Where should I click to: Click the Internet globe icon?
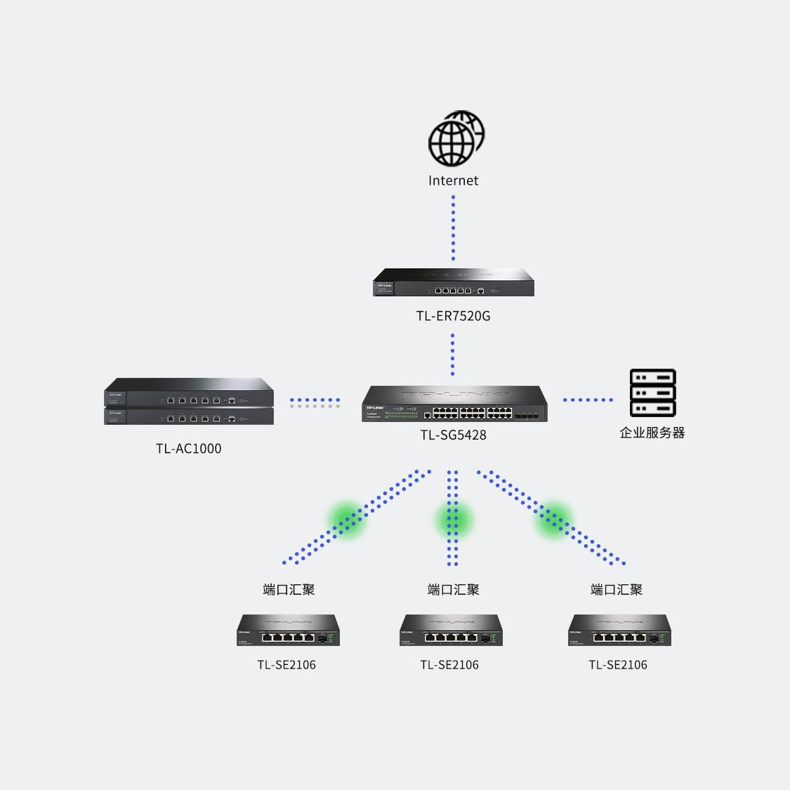click(x=456, y=138)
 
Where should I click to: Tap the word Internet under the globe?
click(x=453, y=180)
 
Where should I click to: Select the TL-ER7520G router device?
click(x=453, y=282)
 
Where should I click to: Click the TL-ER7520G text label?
click(x=453, y=316)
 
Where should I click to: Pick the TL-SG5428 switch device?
click(x=454, y=404)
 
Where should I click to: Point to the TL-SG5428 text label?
click(x=453, y=435)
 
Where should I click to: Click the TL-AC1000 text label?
click(x=188, y=449)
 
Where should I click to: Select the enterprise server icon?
click(x=652, y=393)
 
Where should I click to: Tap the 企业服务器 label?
click(x=652, y=433)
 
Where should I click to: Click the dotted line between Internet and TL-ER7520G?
click(x=453, y=228)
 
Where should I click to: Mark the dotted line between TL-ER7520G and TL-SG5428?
click(x=453, y=354)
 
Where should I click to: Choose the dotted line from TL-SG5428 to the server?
click(x=588, y=400)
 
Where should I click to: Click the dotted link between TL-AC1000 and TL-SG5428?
click(x=315, y=402)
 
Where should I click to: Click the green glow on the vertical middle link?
click(x=453, y=520)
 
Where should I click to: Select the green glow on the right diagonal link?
click(x=554, y=520)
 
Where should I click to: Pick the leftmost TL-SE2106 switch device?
click(x=288, y=631)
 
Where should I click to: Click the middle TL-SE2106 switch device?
click(x=451, y=631)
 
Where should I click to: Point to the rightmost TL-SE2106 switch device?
click(x=619, y=631)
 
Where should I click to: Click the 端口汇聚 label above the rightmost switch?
click(x=617, y=590)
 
